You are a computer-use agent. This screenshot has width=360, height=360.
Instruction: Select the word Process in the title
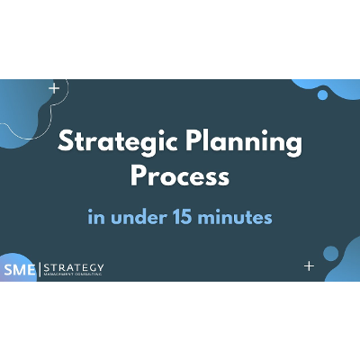[x=180, y=175]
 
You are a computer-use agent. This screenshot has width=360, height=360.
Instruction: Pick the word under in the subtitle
[x=158, y=217]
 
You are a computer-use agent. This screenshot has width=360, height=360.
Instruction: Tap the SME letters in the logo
[x=16, y=268]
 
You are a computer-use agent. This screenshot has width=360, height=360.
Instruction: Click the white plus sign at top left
[x=55, y=88]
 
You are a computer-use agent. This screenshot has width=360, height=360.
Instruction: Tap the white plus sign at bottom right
[x=309, y=265]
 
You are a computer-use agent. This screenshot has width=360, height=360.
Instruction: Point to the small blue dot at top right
[x=322, y=94]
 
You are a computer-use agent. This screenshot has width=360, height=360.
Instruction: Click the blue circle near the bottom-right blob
[x=330, y=253]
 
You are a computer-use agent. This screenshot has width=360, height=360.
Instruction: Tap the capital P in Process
[x=138, y=175]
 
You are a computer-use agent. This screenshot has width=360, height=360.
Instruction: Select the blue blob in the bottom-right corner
[x=347, y=269]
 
